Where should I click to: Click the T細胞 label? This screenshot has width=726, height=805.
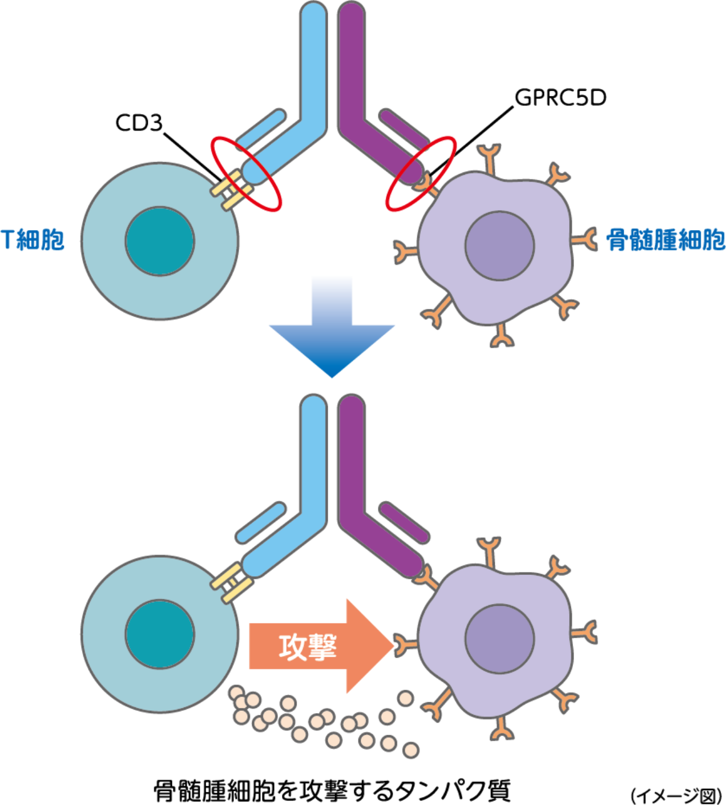pos(33,239)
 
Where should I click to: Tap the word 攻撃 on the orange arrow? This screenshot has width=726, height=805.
pos(308,647)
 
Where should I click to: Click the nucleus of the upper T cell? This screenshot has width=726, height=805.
pos(160,241)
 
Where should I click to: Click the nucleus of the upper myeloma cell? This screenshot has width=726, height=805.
pos(499,245)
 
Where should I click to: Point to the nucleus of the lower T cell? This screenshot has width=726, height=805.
pos(160,634)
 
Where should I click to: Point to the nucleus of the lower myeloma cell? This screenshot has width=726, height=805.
pos(499,639)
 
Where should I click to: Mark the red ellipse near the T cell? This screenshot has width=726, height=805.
pos(246,174)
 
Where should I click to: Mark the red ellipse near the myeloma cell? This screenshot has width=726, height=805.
pos(421,174)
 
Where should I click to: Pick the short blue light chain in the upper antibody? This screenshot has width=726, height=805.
pos(260,127)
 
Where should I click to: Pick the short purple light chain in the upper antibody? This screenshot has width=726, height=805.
pos(404,127)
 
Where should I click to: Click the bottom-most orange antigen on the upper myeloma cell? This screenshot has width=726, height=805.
pos(502,337)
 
